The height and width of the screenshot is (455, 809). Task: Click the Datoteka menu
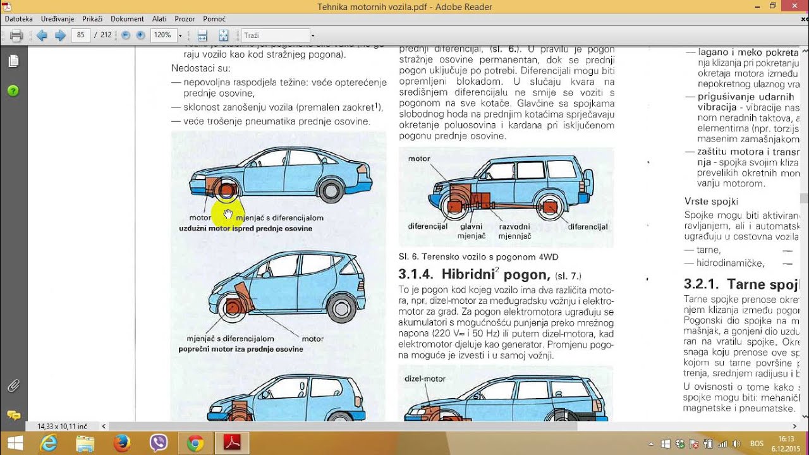click(x=18, y=19)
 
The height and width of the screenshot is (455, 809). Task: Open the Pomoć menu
click(x=214, y=19)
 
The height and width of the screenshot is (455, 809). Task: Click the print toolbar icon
click(x=16, y=35)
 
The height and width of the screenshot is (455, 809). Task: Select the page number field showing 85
click(x=81, y=35)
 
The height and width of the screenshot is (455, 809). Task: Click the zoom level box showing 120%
click(x=162, y=35)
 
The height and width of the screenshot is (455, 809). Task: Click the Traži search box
click(x=276, y=35)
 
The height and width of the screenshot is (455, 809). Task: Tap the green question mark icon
click(x=13, y=91)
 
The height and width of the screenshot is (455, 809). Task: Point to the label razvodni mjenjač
click(x=514, y=231)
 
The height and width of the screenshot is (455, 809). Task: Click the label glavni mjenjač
click(x=471, y=231)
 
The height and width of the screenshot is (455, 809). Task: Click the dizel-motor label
click(x=425, y=379)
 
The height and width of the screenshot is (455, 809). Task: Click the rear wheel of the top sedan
click(x=330, y=189)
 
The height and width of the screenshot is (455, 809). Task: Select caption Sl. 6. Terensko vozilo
click(x=478, y=257)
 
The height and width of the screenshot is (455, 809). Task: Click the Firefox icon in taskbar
click(x=121, y=444)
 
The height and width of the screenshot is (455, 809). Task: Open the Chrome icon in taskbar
click(x=195, y=444)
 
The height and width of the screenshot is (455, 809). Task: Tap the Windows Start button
click(x=15, y=444)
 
